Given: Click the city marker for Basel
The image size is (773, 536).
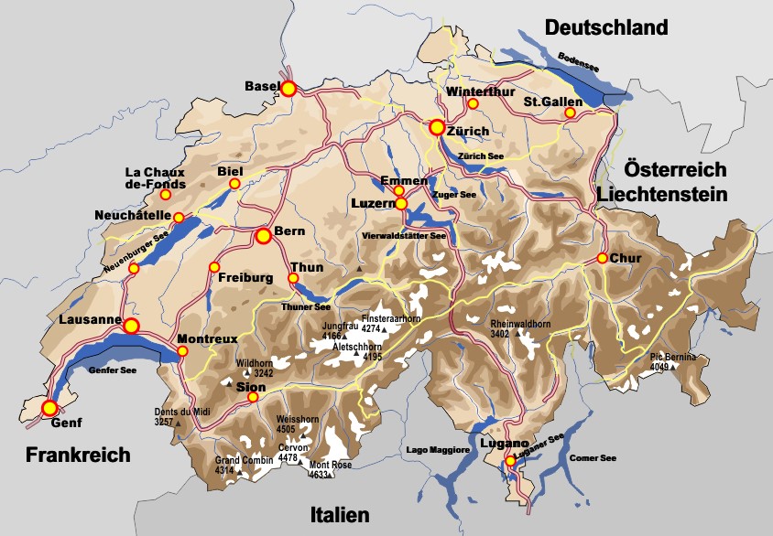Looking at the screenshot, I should point(289,89).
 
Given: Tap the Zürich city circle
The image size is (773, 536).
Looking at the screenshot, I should point(438,128).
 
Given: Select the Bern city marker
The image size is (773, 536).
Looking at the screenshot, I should point(264,236).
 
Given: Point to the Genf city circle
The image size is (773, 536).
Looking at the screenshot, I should point(49,407).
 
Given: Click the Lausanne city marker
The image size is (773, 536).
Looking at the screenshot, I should point(131,327).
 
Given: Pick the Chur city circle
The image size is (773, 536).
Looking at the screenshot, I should point(602,258).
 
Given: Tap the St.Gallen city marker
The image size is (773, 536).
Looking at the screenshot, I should point(570,113).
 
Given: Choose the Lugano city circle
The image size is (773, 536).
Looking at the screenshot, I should point(510,461).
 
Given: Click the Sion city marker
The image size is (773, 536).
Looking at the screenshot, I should point(254,398).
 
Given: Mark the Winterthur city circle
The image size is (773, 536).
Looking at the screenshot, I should point(473,103).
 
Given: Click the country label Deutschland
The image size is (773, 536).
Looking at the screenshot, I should point(606,28).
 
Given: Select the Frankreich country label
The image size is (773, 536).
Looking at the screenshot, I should point(78,455).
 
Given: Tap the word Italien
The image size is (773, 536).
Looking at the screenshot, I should point(340,514).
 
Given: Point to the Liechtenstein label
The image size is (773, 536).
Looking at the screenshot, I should point(662,194).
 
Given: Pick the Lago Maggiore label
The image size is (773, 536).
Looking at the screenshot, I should point(438,450).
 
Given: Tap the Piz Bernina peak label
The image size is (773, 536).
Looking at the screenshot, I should point(673,357).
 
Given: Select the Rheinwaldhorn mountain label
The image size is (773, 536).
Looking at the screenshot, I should point(520,324).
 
